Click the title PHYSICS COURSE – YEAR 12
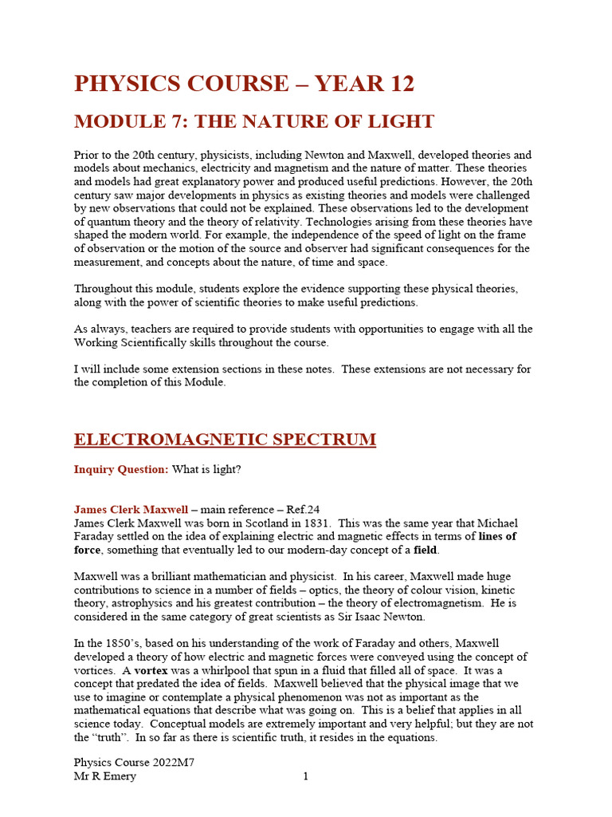click(x=244, y=84)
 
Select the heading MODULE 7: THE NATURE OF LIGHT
click(x=253, y=121)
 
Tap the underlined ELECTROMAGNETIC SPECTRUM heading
click(x=225, y=440)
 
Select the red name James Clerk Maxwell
click(x=131, y=509)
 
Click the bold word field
click(x=426, y=550)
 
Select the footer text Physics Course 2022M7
click(x=135, y=763)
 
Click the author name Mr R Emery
click(x=105, y=776)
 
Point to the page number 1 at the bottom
click(x=305, y=776)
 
